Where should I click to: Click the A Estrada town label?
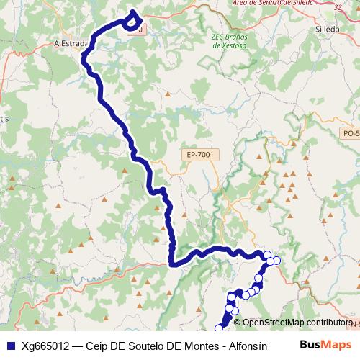point(71,43)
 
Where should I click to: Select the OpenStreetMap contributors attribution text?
point(297,322)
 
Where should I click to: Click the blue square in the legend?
point(10,345)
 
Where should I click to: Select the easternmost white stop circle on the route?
point(276,261)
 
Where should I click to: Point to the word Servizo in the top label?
point(270,4)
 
